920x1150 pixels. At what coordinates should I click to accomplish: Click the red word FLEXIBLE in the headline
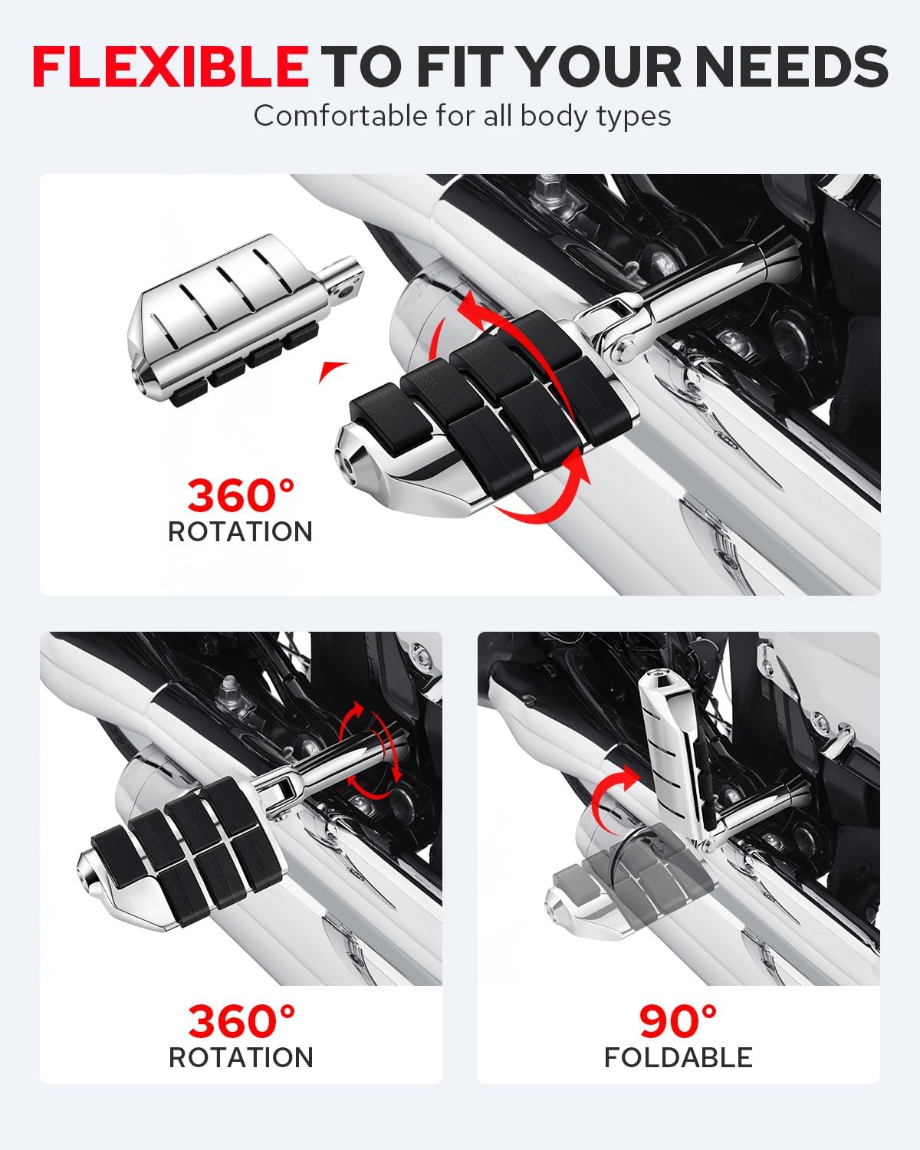tap(170, 66)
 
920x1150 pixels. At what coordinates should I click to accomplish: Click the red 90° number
tap(678, 1020)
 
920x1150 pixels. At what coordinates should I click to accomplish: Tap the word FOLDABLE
tap(678, 1057)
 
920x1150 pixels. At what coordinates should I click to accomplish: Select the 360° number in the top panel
tap(241, 495)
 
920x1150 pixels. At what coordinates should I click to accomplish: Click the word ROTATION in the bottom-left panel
tap(241, 1057)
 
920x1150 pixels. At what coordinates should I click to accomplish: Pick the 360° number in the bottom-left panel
tap(241, 1020)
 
